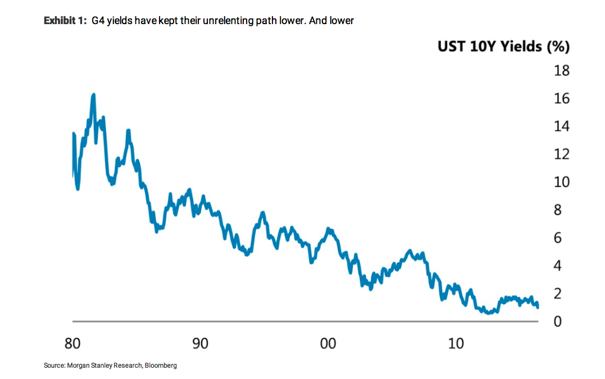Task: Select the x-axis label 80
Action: click(73, 344)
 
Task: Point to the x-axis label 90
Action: click(200, 344)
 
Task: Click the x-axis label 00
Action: click(328, 344)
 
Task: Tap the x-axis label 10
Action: click(456, 344)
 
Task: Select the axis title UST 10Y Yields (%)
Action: click(503, 47)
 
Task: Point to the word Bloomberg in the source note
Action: click(161, 366)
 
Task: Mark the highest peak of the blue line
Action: click(93, 95)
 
